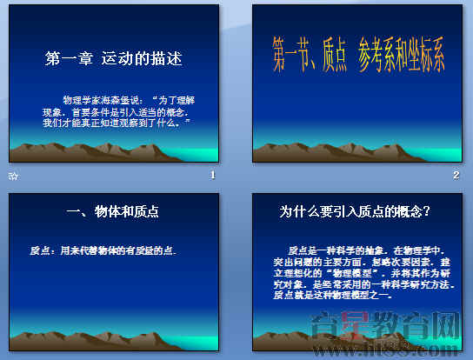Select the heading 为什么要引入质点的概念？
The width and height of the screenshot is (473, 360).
tap(356, 211)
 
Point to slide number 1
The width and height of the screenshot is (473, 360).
tap(212, 176)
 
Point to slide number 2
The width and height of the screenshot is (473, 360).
tap(456, 176)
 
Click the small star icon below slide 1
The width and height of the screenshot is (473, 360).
tap(12, 177)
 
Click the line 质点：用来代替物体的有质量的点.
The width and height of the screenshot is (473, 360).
tap(103, 251)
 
